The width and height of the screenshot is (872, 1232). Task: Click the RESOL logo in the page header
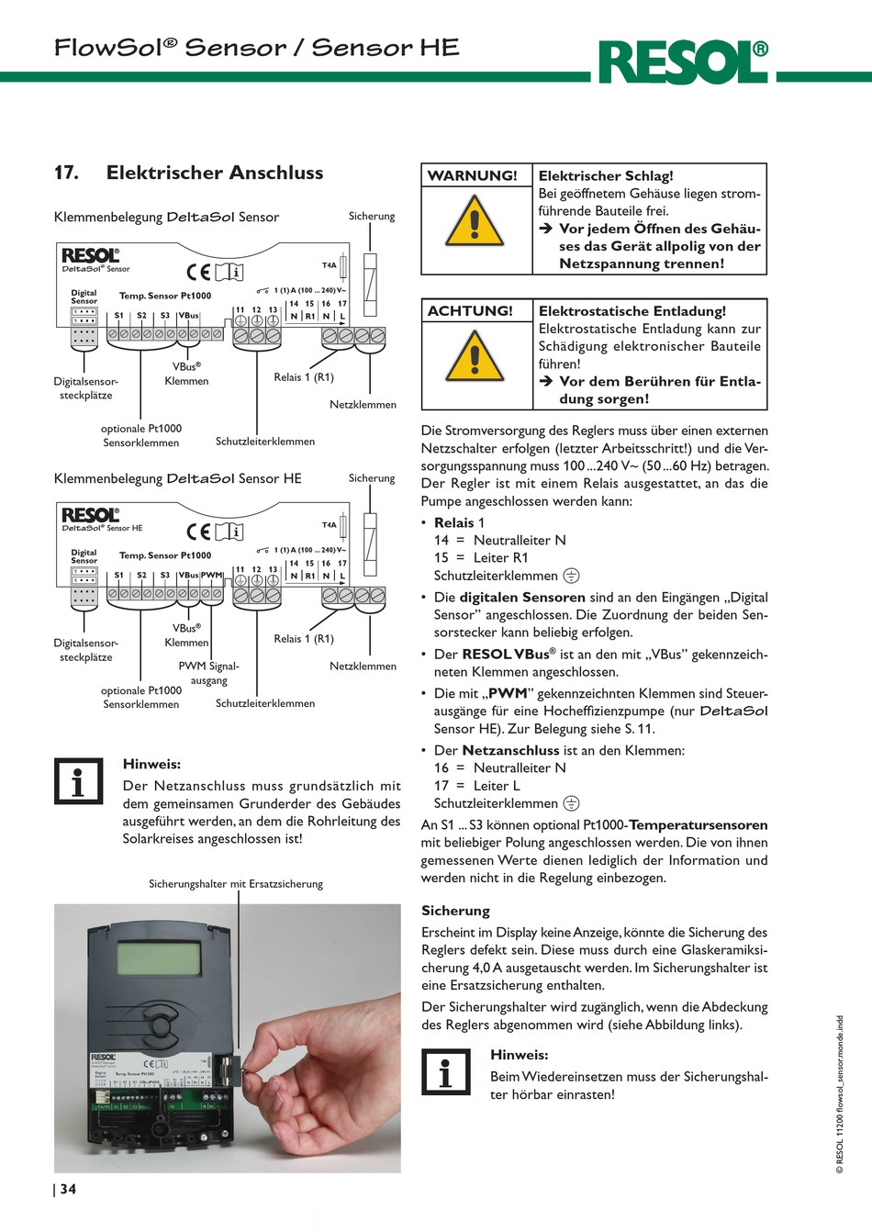click(x=683, y=62)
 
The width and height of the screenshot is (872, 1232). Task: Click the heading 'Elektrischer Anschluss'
click(x=214, y=173)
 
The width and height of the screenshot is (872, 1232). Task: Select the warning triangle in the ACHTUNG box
click(x=475, y=357)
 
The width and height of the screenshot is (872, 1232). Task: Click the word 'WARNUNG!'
click(x=473, y=175)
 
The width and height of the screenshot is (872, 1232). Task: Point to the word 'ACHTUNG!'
click(x=470, y=311)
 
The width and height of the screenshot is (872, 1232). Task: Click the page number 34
click(x=68, y=1189)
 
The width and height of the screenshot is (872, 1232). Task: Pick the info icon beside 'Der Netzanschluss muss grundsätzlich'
click(x=78, y=781)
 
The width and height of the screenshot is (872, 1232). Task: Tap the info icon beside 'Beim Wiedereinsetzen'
click(x=445, y=1071)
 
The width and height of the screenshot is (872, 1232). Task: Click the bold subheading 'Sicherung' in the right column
click(x=455, y=911)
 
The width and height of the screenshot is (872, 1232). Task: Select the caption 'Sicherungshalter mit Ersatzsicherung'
click(x=236, y=884)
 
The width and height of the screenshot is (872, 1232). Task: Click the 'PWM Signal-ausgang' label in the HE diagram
click(x=208, y=673)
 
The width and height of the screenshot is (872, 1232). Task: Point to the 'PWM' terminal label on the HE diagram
click(x=211, y=575)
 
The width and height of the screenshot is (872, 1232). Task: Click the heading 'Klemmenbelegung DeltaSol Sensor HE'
click(x=178, y=478)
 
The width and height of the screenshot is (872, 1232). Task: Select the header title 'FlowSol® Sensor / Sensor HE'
click(x=257, y=48)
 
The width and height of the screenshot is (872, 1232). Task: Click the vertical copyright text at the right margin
click(x=839, y=1093)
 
